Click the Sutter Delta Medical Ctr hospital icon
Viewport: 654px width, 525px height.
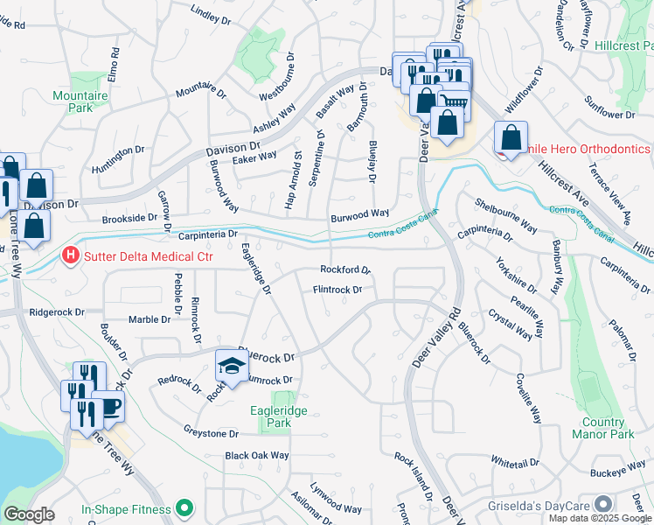tap(71, 257)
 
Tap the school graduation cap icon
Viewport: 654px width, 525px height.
tap(229, 366)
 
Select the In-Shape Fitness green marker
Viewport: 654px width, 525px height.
tap(184, 507)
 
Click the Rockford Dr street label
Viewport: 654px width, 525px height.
tap(345, 270)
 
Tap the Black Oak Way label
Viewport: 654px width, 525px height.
tap(256, 456)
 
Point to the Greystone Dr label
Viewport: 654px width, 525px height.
tap(211, 433)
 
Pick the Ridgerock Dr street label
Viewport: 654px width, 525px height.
tap(57, 311)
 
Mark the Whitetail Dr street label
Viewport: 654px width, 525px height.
tap(514, 461)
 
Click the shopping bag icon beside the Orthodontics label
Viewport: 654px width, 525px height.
tap(511, 137)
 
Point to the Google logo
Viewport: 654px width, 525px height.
tap(29, 514)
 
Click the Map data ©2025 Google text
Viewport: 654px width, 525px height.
tap(600, 518)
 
